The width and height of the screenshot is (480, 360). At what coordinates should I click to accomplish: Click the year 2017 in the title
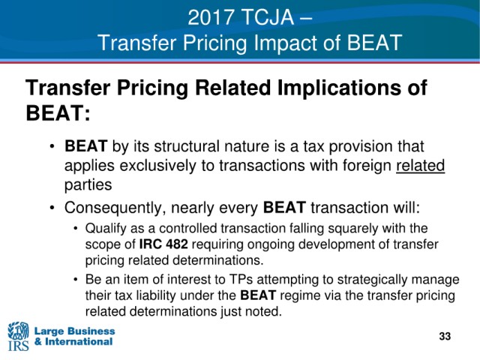211,17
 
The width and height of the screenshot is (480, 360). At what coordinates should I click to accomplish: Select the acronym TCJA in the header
267,17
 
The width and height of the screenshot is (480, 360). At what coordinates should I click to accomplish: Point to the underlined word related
420,166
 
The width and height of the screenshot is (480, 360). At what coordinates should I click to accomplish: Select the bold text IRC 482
163,244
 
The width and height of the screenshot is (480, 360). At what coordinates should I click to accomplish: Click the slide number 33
445,336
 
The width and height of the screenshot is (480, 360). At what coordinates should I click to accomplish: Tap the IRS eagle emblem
18,331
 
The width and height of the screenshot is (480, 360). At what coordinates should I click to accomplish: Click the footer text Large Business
75,331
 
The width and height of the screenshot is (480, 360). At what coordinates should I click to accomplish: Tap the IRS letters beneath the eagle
18,346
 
